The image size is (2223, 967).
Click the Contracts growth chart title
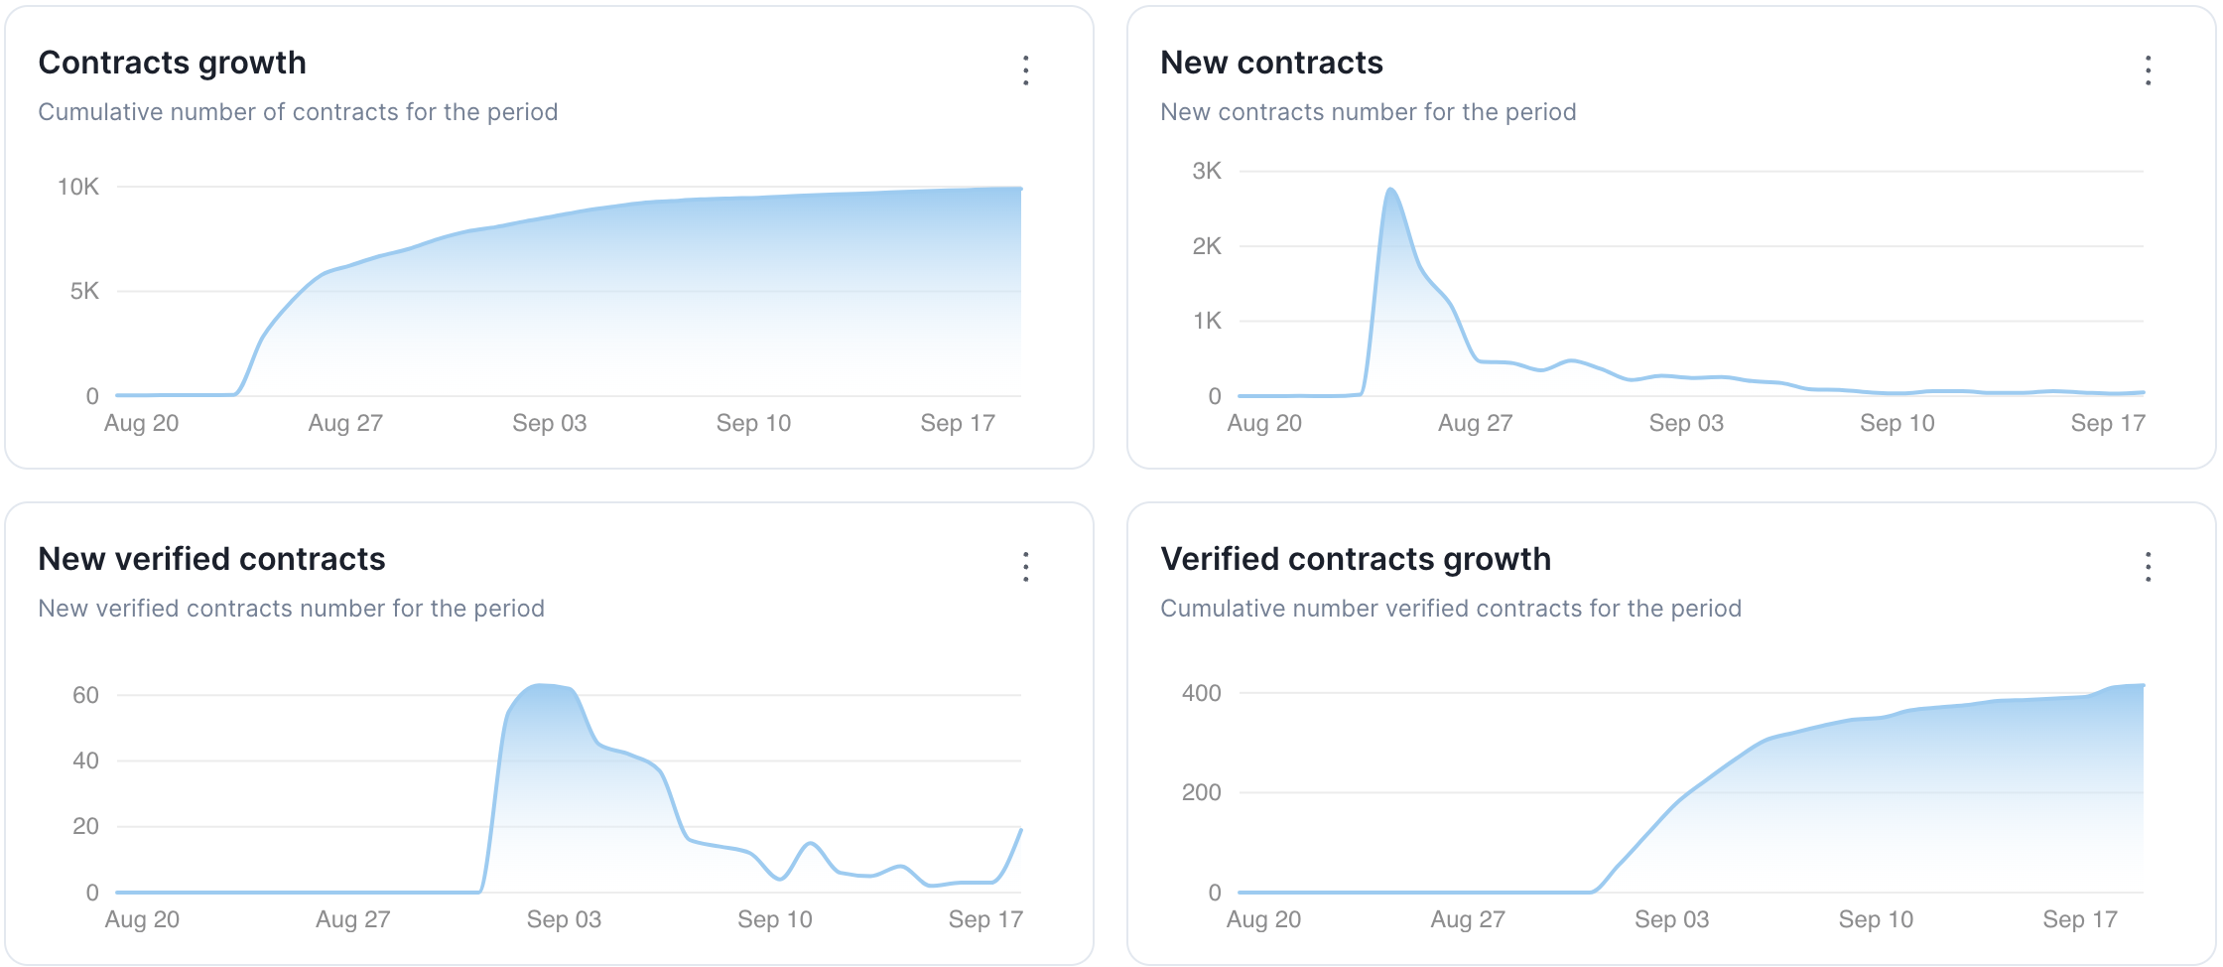tap(172, 63)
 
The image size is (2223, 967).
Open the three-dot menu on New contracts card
tap(2148, 70)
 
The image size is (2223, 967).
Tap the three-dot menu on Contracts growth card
tap(1025, 70)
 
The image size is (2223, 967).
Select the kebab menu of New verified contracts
tap(1025, 567)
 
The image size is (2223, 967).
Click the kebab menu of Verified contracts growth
tap(2148, 567)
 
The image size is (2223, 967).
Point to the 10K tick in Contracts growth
tap(78, 187)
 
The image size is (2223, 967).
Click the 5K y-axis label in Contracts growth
tap(84, 291)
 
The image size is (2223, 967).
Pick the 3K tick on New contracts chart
tap(1207, 171)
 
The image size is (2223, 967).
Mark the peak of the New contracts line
tap(1390, 189)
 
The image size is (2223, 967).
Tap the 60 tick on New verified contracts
tap(85, 695)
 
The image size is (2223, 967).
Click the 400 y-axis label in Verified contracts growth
tap(1201, 693)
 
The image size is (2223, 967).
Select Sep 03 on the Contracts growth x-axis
tap(549, 423)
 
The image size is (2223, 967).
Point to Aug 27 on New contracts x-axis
tap(1475, 423)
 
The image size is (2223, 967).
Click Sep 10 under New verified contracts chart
tap(774, 919)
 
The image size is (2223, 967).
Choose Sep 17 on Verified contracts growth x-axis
tap(2079, 919)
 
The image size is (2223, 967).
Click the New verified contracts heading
tap(211, 559)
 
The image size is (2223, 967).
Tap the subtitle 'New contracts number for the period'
tap(1368, 112)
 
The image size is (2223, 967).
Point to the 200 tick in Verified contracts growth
tap(1201, 792)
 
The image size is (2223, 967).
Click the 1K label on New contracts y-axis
tap(1207, 321)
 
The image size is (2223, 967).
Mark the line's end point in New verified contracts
tap(1021, 829)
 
